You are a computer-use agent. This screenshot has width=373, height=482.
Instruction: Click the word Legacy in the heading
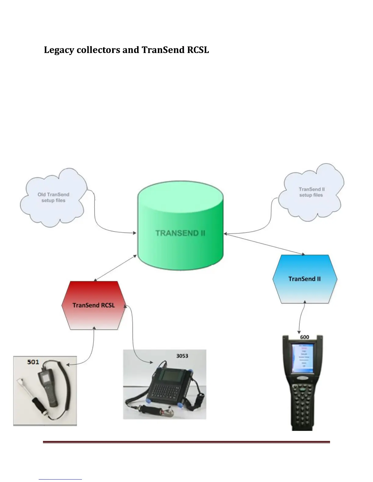[59, 50]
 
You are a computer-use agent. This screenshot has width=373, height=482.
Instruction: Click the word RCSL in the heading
[198, 50]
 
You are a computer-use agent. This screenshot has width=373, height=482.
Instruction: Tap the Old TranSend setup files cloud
[53, 197]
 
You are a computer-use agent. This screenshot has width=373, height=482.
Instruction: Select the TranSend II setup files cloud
[311, 192]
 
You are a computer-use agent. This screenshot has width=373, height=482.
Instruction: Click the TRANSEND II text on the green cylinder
[180, 233]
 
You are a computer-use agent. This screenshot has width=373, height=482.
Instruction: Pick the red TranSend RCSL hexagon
[94, 305]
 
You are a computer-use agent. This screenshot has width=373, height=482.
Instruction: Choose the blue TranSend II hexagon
[304, 279]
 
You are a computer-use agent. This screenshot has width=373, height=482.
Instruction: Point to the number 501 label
[33, 362]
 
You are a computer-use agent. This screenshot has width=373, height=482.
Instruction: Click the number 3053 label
[182, 356]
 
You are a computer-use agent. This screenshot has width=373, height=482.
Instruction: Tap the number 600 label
[304, 337]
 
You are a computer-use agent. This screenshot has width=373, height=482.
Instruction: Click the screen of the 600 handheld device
[302, 358]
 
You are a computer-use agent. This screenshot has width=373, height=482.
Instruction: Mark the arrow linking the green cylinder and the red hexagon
[115, 268]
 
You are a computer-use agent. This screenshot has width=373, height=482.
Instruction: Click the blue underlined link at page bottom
[60, 479]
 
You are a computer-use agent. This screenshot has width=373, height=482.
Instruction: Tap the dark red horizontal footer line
[186, 442]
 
